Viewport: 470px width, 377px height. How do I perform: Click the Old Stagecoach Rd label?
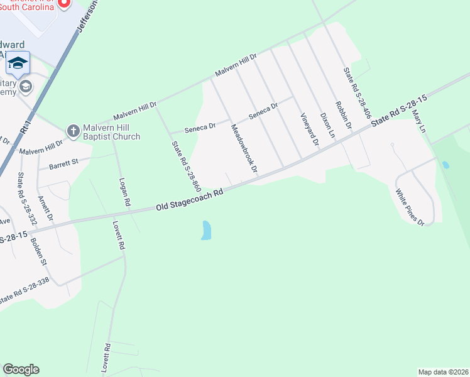(190, 201)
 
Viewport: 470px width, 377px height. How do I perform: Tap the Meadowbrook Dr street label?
(244, 148)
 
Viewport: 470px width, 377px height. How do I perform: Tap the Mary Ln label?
(418, 121)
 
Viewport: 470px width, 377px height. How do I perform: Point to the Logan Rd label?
(124, 192)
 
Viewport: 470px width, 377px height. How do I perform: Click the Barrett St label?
(62, 165)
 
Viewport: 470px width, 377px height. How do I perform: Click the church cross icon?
(74, 131)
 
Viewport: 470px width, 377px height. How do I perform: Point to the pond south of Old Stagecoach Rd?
(205, 230)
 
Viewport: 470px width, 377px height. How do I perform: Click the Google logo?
(21, 369)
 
